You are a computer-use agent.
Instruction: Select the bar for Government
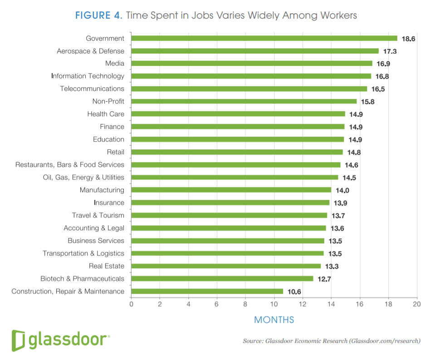pos(264,39)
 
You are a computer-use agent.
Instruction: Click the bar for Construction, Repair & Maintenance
pos(207,291)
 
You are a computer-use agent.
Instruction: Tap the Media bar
pos(252,64)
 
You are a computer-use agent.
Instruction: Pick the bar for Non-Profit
pos(244,102)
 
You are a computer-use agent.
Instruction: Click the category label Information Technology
pos(88,76)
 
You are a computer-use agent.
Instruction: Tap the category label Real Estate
pos(107,266)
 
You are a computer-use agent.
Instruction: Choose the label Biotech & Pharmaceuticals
pos(82,279)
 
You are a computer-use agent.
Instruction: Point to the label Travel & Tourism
pos(98,215)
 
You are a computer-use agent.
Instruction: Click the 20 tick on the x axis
pos(417,304)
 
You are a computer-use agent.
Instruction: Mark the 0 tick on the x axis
pos(131,304)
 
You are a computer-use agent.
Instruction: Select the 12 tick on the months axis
pos(303,304)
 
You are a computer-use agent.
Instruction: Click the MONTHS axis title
pos(274,320)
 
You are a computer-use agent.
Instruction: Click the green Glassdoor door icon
pos(19,340)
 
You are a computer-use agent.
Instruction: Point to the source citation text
pos(331,340)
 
